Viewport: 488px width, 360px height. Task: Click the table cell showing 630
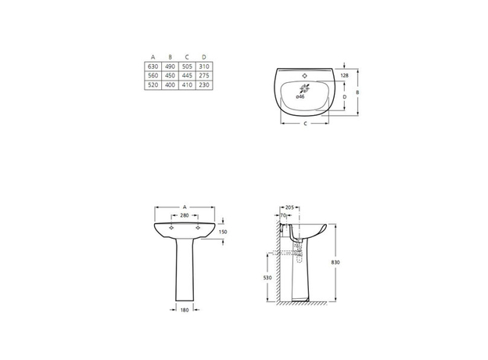tap(152, 67)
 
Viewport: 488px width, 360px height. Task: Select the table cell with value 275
tap(204, 75)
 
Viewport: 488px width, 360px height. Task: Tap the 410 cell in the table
tap(187, 85)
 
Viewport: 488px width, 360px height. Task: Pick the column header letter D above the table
tap(204, 57)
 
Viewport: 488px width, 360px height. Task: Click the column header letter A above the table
tap(152, 57)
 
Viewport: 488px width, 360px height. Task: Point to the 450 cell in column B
tap(170, 75)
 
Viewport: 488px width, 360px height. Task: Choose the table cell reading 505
tap(187, 67)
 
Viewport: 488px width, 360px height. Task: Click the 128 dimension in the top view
tap(344, 75)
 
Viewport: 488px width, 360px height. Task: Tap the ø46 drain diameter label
tap(300, 97)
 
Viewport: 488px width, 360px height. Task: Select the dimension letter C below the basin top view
tap(305, 124)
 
